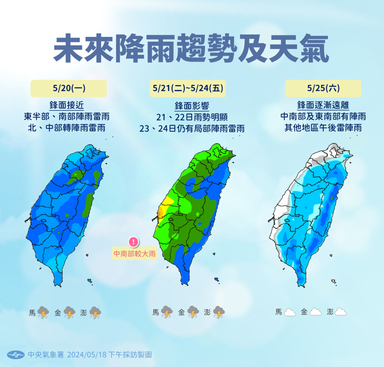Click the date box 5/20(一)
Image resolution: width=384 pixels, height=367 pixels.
(x=68, y=88)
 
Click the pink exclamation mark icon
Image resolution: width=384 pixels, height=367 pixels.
(x=133, y=242)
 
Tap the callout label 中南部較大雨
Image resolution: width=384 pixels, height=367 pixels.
(x=134, y=253)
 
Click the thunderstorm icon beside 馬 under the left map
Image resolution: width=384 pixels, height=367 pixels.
(x=43, y=313)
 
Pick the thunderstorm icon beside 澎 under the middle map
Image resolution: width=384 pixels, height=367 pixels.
(x=219, y=313)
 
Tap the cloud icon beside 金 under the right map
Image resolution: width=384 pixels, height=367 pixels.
(x=316, y=313)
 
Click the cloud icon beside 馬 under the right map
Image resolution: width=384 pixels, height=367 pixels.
(x=289, y=313)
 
